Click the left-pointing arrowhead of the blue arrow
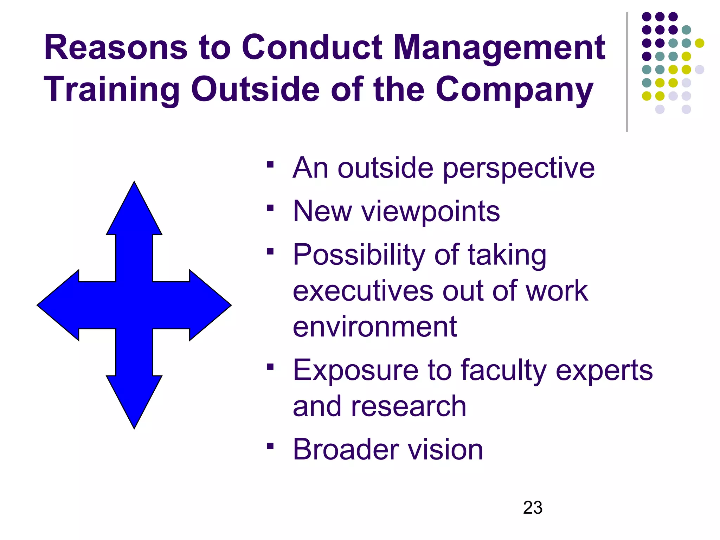pos(53,305)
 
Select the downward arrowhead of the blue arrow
pos(134,415)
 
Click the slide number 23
pos(533,508)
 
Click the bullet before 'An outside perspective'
pos(270,165)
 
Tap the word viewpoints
pos(431,212)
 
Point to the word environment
pos(375,327)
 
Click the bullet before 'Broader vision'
pos(270,446)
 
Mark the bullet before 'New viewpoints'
pos(270,208)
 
